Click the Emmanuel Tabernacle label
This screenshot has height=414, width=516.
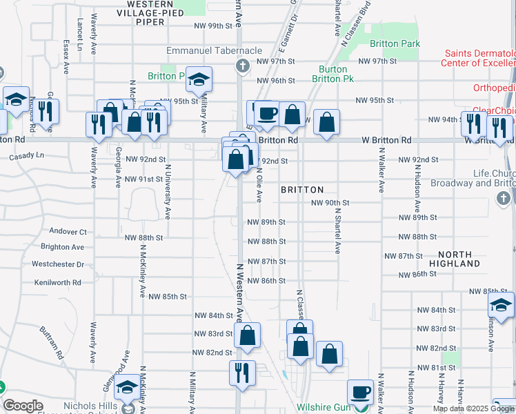[214, 51]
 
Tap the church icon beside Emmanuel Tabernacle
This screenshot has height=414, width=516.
[242, 66]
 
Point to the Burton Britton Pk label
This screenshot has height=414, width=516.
[337, 74]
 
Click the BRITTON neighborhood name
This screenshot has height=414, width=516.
[302, 190]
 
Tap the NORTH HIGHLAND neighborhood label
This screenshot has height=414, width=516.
[454, 259]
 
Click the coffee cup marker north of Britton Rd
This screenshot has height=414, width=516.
[267, 113]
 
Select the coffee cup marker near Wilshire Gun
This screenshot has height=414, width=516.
[359, 392]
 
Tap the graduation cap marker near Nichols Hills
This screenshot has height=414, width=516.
[127, 389]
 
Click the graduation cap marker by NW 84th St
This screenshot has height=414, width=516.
[501, 306]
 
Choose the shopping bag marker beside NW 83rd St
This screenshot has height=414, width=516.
[247, 335]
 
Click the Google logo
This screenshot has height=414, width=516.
[22, 406]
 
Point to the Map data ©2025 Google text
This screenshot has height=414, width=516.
[473, 408]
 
